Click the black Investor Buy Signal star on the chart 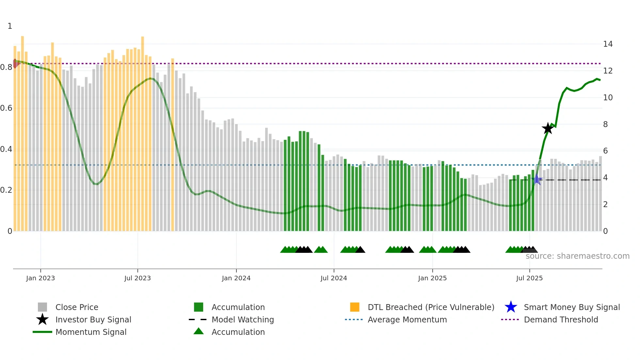coord(548,128)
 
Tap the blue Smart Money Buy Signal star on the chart coord(536,179)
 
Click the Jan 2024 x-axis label coord(236,278)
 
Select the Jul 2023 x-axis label coord(137,278)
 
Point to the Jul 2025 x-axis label coord(529,278)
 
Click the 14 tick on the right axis coord(608,44)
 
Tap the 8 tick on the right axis coord(605,124)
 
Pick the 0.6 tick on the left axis coord(6,108)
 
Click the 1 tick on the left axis coord(10,26)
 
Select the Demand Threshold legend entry coord(561,319)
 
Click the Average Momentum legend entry coord(407,319)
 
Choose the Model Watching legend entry coord(242,319)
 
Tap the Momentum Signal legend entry coord(91,332)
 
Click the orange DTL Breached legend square coord(355,307)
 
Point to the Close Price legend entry coord(77,307)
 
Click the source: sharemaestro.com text coord(577,256)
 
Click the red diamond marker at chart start coord(15,63)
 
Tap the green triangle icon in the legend coord(199,331)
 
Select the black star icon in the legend coord(42,319)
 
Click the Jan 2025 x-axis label coord(432,278)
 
